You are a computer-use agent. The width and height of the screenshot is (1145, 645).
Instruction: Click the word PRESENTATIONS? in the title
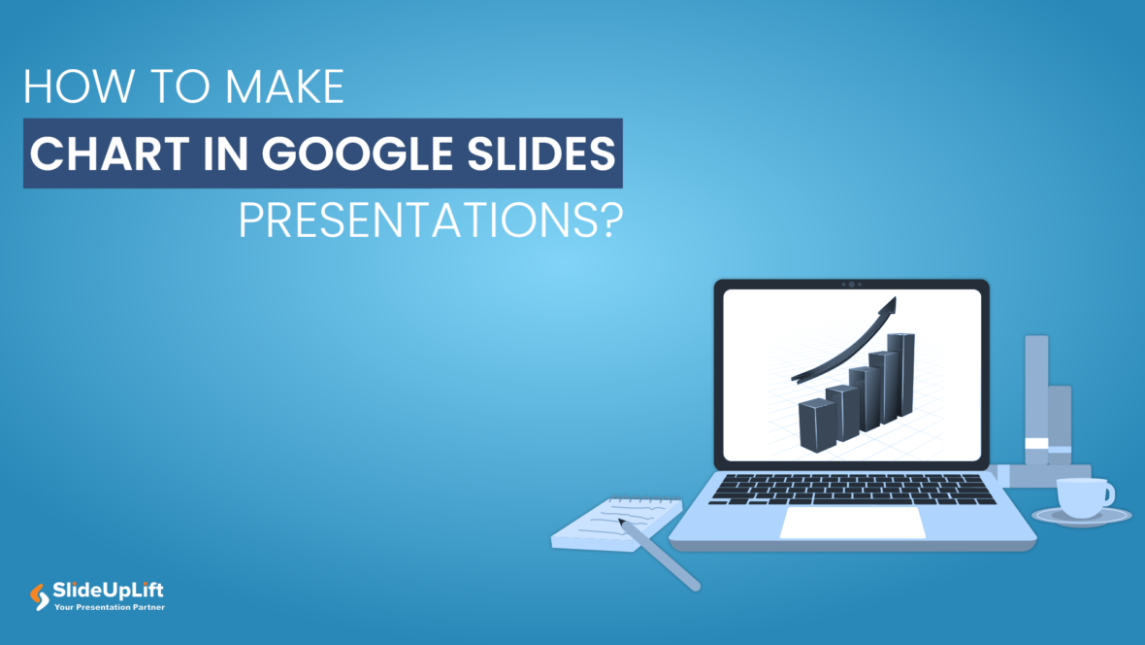pyautogui.click(x=430, y=222)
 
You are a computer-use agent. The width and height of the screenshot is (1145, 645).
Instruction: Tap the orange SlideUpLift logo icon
pyautogui.click(x=40, y=596)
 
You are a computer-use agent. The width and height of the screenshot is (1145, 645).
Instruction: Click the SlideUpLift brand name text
pyautogui.click(x=109, y=591)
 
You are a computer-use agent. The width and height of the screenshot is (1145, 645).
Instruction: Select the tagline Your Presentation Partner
pyautogui.click(x=109, y=608)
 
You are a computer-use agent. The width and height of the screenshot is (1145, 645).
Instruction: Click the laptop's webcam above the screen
pyautogui.click(x=851, y=284)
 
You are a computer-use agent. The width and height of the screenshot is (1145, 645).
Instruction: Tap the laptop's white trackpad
pyautogui.click(x=853, y=523)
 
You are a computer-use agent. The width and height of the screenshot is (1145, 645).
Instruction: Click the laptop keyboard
pyautogui.click(x=852, y=489)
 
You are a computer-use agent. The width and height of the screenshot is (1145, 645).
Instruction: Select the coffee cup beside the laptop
pyautogui.click(x=1081, y=496)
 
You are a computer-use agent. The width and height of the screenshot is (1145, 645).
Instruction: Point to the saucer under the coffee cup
pyautogui.click(x=1081, y=518)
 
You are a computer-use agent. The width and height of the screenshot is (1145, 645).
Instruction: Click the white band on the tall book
pyautogui.click(x=1036, y=444)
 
